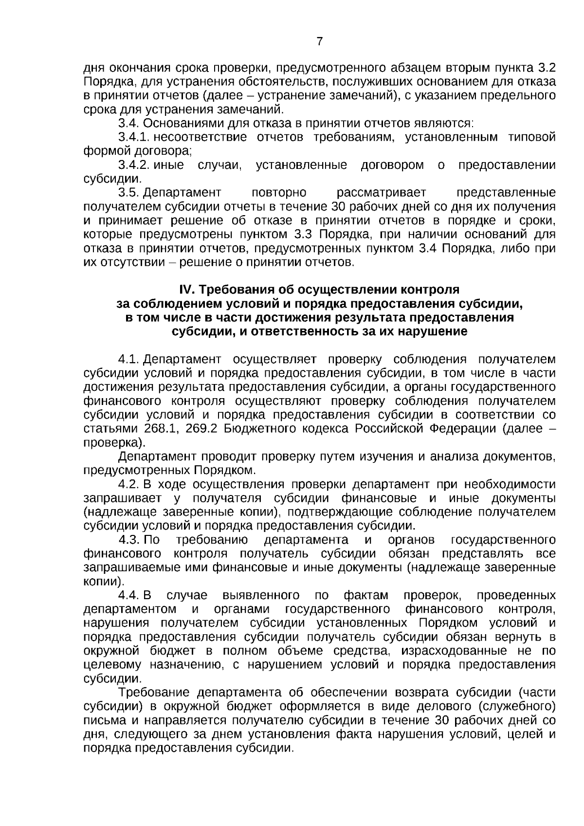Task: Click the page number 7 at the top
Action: click(320, 41)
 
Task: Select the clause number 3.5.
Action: click(129, 193)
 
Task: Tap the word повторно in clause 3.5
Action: click(279, 193)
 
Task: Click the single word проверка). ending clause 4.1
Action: click(114, 443)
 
